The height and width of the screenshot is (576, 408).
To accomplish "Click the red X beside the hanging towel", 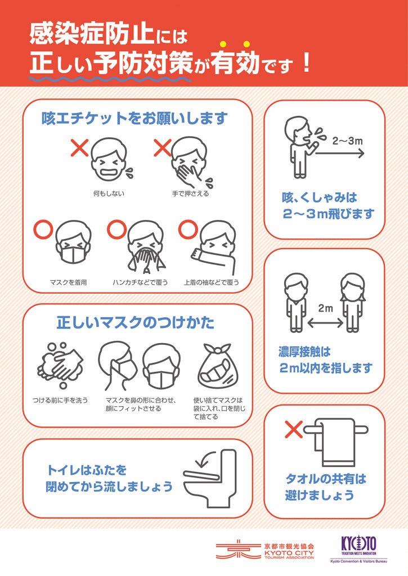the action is (294, 429).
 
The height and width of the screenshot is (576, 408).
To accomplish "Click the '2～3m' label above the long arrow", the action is (347, 141).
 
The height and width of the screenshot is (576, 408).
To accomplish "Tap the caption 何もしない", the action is (109, 193).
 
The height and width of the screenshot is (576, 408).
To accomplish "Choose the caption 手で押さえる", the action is (190, 193).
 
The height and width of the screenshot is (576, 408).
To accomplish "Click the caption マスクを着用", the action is (68, 282).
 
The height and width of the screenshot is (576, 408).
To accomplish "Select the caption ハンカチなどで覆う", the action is (140, 282).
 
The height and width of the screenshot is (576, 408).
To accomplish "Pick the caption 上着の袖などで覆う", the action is (212, 282).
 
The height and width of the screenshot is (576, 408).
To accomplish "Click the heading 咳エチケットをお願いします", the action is (134, 118).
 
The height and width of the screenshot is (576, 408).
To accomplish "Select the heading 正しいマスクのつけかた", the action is (136, 322).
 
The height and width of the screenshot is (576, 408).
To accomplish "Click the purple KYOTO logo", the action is (358, 544).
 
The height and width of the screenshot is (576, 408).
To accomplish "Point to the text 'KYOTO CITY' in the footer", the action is (289, 552).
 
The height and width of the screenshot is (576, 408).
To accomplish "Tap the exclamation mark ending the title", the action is (306, 62).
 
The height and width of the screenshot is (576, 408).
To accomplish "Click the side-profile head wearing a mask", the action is (117, 366).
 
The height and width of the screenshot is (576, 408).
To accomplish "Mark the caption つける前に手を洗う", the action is (60, 400).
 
